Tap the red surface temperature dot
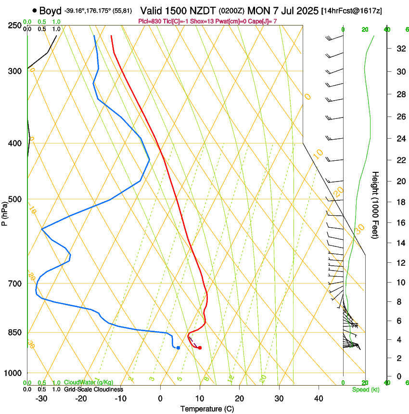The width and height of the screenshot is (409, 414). (x=200, y=348)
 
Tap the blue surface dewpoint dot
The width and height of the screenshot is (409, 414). (x=178, y=348)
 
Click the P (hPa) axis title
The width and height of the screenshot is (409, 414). (x=4, y=212)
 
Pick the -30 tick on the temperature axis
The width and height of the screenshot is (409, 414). (x=41, y=399)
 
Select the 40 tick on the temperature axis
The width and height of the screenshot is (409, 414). (x=318, y=399)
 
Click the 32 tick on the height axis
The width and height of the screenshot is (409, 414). (x=399, y=49)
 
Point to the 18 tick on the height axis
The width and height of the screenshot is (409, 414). (x=399, y=202)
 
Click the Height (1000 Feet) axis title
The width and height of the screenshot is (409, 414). (x=375, y=205)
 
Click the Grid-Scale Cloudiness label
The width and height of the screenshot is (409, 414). (x=93, y=389)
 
